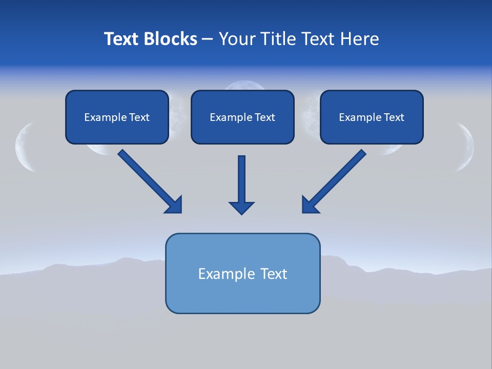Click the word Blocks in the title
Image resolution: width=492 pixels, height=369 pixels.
(172, 39)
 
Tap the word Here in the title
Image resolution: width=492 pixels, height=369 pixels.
(361, 39)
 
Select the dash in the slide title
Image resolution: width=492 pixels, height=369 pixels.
(208, 39)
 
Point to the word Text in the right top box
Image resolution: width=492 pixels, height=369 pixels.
(394, 117)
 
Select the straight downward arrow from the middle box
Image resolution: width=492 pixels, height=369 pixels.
(241, 179)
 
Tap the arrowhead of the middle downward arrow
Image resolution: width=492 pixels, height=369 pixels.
(241, 208)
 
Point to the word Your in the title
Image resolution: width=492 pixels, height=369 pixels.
(237, 39)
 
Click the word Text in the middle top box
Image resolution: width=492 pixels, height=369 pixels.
(264, 117)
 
